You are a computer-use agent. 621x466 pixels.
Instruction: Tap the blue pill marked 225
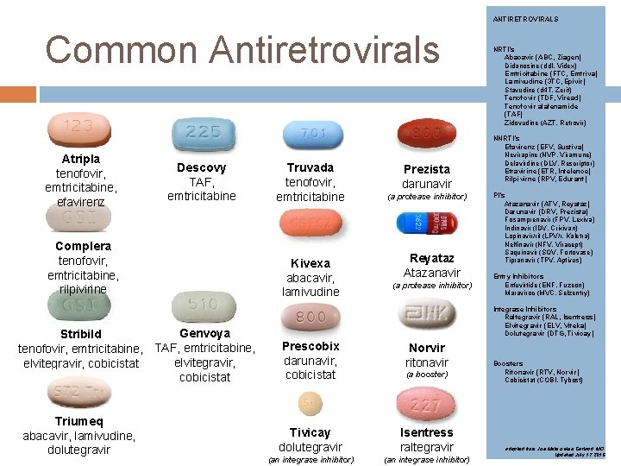click(203, 133)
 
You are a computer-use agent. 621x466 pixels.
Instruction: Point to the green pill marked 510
click(203, 305)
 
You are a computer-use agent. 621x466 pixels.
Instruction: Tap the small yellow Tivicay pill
click(310, 403)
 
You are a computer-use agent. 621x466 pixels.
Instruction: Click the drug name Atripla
click(81, 159)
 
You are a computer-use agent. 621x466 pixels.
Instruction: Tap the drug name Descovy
click(201, 167)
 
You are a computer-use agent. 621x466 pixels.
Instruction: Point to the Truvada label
click(310, 167)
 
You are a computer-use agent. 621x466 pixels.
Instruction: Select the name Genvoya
click(204, 333)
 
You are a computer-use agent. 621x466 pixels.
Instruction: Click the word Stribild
click(80, 334)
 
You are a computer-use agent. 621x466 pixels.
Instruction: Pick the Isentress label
click(426, 432)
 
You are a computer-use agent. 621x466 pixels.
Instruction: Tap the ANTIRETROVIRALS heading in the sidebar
click(525, 19)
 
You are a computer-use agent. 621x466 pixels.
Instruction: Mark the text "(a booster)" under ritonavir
click(427, 375)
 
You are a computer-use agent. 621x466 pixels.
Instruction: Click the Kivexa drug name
click(310, 263)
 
